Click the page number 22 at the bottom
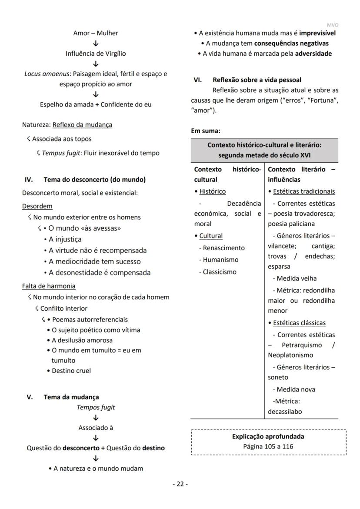(180, 484)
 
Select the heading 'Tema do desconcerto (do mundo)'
(94, 179)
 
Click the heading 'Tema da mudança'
(71, 397)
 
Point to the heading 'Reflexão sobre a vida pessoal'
(257, 80)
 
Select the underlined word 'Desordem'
(37, 206)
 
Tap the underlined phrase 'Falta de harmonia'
(49, 286)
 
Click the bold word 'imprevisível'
(317, 33)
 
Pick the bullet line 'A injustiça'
(65, 239)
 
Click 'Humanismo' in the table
(220, 260)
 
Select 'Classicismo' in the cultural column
(220, 272)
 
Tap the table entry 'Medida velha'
(297, 278)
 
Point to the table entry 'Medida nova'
(296, 389)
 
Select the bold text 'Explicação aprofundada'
(268, 436)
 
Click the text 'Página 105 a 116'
(268, 446)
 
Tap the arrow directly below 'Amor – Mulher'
(96, 44)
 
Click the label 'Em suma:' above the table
(206, 130)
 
